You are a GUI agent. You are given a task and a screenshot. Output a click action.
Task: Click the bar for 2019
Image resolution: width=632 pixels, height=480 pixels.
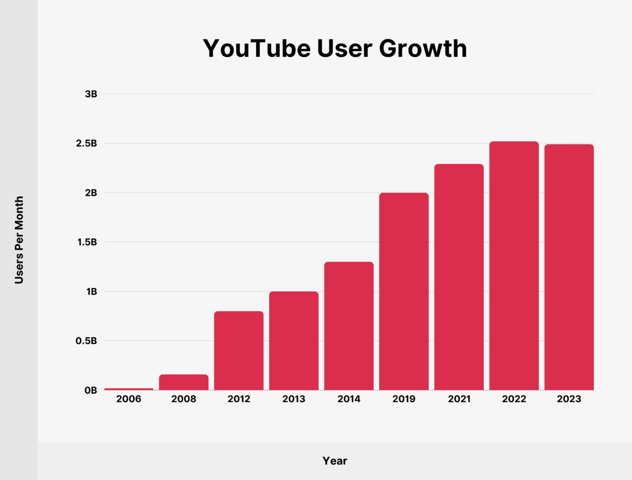point(404,291)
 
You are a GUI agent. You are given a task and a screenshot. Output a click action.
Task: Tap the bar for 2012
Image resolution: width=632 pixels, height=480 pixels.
point(239,350)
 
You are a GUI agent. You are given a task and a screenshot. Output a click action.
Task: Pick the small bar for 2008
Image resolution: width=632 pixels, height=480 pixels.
point(184,382)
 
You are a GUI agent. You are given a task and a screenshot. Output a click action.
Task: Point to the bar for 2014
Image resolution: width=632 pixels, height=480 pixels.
point(349,326)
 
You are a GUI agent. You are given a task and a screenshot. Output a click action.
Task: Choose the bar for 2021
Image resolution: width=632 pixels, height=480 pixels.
point(459,277)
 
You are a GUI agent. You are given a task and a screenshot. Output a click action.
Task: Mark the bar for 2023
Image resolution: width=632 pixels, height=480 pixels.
point(569,267)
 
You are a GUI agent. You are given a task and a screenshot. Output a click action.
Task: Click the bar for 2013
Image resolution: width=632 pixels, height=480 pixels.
point(294,340)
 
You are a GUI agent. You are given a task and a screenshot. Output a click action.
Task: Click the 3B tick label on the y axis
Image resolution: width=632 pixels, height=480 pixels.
point(91,94)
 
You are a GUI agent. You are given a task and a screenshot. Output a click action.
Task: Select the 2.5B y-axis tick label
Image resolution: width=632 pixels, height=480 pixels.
point(86,144)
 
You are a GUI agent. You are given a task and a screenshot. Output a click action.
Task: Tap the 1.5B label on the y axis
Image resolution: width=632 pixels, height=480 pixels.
point(86,242)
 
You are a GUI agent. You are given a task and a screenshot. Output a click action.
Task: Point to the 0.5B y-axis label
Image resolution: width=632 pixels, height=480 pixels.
point(86,341)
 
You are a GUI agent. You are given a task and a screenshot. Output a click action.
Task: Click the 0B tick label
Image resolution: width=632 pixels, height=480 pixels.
point(91,390)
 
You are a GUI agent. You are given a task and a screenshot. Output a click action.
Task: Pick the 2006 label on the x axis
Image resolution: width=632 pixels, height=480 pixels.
point(129,399)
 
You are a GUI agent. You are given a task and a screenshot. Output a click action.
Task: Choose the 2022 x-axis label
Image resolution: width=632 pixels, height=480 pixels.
point(514,399)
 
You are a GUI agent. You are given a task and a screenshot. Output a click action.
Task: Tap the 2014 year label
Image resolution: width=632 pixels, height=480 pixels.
point(349,399)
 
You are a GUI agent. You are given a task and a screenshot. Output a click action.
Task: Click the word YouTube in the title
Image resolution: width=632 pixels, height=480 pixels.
point(257,48)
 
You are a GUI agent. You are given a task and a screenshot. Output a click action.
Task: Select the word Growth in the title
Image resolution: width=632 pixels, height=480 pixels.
point(423,48)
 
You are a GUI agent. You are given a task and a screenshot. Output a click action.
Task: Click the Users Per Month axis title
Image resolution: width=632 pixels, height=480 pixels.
point(19,240)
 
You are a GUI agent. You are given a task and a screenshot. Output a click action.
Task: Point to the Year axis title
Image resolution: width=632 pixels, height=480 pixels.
point(335,461)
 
